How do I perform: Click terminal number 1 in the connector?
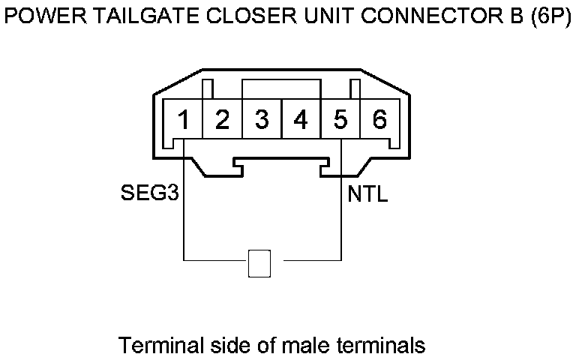(x=183, y=120)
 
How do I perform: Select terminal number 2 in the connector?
(x=222, y=120)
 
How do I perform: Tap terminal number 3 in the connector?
(x=262, y=120)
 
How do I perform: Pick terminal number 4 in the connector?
(x=301, y=120)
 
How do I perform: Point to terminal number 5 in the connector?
(x=340, y=120)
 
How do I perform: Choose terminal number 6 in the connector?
(x=379, y=120)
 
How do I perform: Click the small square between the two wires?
(x=259, y=262)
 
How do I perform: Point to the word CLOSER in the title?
(x=231, y=17)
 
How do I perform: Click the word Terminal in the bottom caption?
(x=160, y=346)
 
